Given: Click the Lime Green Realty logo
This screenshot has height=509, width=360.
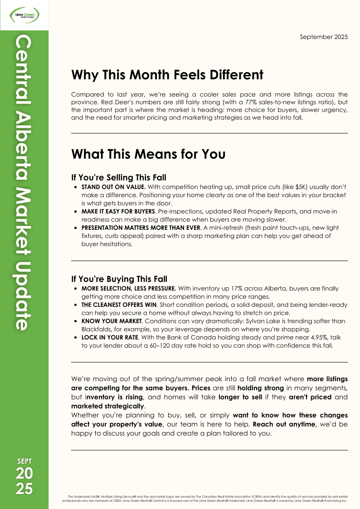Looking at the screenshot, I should tap(24, 15).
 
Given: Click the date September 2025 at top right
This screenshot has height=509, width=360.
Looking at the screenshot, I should tap(324, 37).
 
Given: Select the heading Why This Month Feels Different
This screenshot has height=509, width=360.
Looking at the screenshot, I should tap(167, 74).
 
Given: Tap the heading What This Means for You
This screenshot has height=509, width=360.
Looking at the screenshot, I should tap(148, 154).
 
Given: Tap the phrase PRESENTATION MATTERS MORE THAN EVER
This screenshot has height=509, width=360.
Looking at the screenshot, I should tap(141, 228).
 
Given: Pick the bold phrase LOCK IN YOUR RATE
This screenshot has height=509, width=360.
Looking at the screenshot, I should tap(109, 338).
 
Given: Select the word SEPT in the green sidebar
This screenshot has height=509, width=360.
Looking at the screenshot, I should tap(24, 461).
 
